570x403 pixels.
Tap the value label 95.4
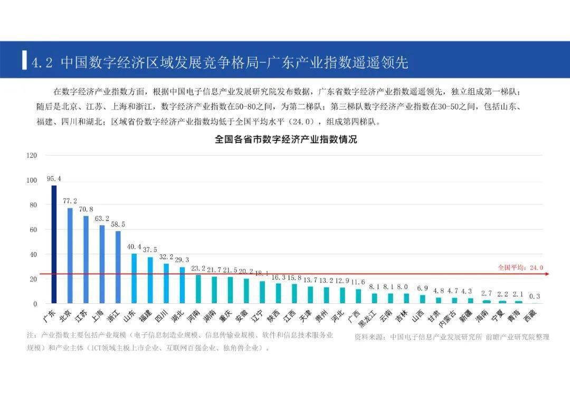54,179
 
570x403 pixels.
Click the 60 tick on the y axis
33,230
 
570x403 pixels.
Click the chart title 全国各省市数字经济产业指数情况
286,140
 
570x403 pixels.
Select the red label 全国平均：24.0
520,267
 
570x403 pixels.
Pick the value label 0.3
535,296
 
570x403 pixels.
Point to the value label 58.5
118,225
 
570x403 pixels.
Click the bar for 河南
198,289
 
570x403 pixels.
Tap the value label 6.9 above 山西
422,288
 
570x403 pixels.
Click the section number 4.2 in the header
43,63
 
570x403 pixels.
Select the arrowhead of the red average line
547,274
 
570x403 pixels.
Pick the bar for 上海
102,264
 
